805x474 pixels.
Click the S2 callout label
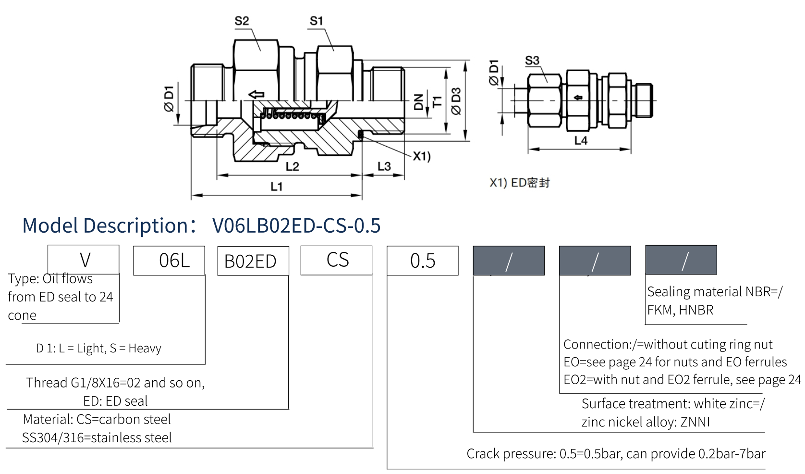242,21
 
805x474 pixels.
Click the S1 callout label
316,21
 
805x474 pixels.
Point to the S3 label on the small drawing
532,61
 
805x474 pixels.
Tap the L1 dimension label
277,187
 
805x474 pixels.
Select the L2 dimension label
292,166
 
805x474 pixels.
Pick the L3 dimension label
384,166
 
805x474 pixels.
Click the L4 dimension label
581,140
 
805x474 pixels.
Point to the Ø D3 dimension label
456,101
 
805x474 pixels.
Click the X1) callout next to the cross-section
422,156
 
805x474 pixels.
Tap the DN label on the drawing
419,102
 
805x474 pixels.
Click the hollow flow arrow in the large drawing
257,94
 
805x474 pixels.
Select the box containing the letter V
84,260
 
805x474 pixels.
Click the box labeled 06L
169,261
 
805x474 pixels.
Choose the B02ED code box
253,261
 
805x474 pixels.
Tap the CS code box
336,260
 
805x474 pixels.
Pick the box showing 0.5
423,261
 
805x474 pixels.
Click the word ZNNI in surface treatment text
695,422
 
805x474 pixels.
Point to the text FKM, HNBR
680,310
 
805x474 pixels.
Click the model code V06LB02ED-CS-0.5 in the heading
296,225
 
